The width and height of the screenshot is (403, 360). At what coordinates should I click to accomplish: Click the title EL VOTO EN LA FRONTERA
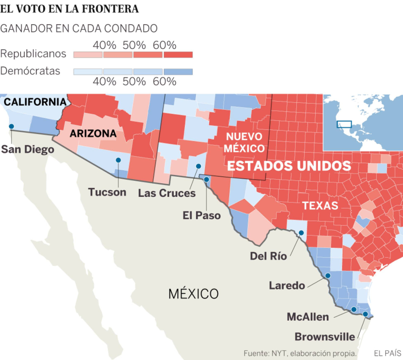click(x=70, y=9)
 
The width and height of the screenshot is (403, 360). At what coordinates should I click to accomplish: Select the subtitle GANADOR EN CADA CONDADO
click(x=79, y=28)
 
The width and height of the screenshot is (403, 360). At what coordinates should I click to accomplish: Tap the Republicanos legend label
click(x=33, y=53)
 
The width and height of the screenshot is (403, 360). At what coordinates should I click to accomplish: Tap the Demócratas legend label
click(x=30, y=71)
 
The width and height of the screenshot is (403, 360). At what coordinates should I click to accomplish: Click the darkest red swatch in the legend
click(x=178, y=54)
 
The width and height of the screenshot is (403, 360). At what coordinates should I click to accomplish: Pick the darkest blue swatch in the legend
click(x=178, y=71)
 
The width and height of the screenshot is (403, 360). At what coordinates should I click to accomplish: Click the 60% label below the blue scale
click(x=164, y=81)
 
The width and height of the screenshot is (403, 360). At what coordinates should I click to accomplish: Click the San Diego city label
click(x=27, y=149)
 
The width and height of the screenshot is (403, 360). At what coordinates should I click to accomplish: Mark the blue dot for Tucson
click(x=118, y=160)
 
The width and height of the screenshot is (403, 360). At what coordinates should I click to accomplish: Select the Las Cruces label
click(x=166, y=193)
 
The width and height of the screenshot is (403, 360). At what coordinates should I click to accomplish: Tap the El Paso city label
click(x=201, y=215)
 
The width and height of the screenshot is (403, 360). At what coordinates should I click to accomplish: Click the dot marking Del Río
click(x=301, y=233)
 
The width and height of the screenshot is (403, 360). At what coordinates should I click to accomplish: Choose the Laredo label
click(x=287, y=285)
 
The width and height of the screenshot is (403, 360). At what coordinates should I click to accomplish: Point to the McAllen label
click(x=307, y=317)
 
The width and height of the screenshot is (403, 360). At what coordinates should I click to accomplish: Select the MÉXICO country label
click(x=194, y=293)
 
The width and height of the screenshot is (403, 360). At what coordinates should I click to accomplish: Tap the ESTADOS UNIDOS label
click(x=288, y=166)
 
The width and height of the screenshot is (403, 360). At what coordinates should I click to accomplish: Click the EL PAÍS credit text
click(x=388, y=353)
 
